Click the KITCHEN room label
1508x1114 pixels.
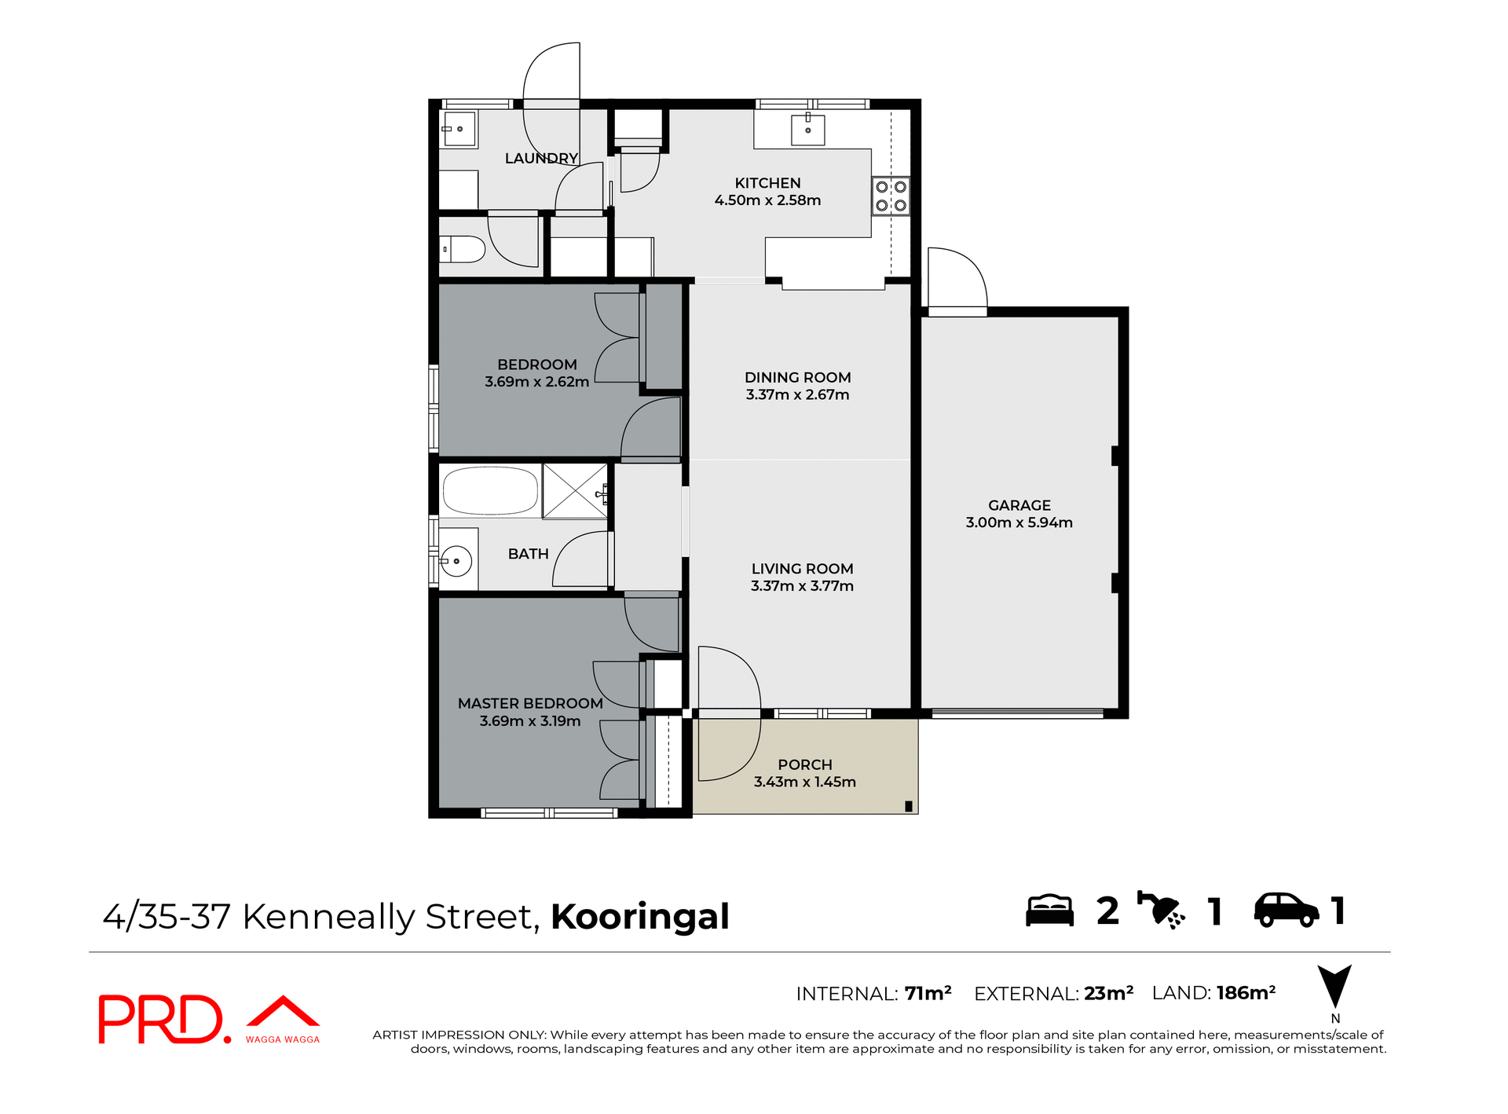767,183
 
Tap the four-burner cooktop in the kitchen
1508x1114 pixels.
891,196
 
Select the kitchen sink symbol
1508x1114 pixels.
807,130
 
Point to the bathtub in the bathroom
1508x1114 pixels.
490,490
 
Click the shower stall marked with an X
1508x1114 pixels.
575,491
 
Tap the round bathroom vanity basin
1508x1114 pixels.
456,561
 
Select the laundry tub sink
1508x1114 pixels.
459,129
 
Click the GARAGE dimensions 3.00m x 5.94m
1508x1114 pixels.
1019,522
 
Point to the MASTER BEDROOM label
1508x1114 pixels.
530,703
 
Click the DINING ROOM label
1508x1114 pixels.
797,377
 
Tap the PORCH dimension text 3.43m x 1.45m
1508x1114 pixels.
804,782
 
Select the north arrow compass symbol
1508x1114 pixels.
1334,987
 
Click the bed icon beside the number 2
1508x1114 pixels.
1049,911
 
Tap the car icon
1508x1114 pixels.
1286,911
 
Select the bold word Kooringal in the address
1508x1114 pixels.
639,916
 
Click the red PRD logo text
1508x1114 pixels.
162,1020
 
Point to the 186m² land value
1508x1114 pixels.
1246,993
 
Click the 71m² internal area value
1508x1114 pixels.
928,994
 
